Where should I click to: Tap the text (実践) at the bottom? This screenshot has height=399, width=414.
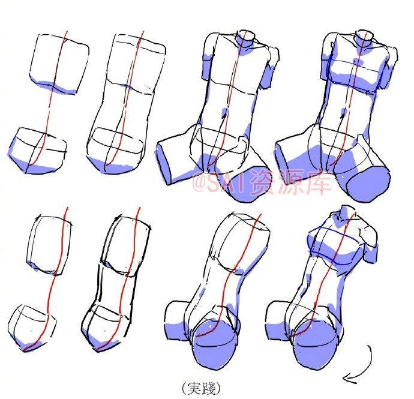coord(202,388)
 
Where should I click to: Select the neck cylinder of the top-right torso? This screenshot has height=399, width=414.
coord(365,38)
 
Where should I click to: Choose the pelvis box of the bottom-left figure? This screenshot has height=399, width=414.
coord(32,328)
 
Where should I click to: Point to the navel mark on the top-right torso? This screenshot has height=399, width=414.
coord(344,112)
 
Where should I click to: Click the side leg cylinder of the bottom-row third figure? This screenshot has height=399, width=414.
coord(176,320)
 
